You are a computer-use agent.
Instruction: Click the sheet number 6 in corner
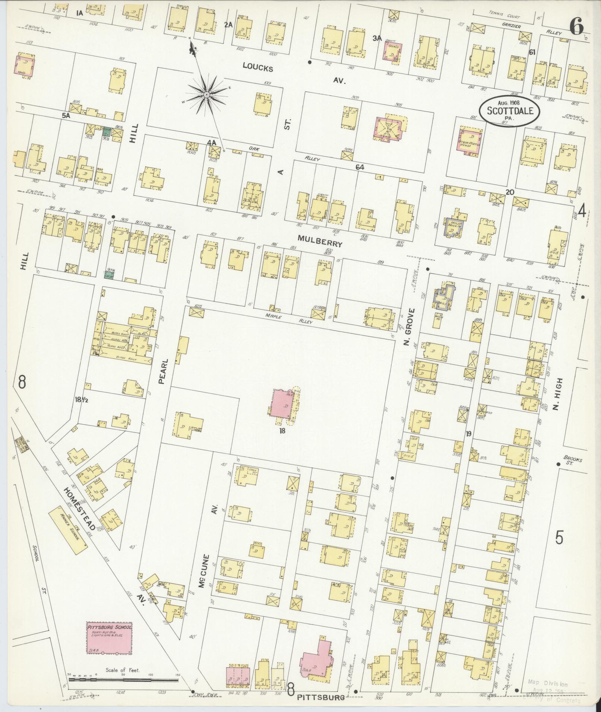577,27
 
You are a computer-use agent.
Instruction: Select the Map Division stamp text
547,684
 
